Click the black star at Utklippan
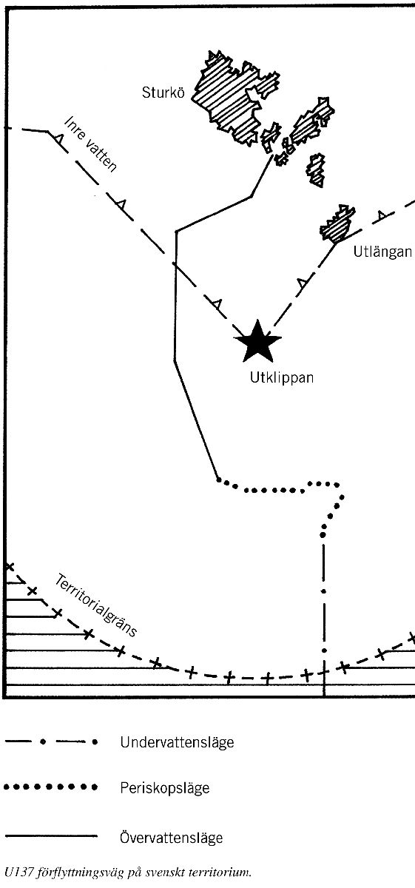click(x=257, y=342)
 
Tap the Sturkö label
click(x=163, y=92)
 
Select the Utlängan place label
click(x=382, y=252)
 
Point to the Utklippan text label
click(x=281, y=377)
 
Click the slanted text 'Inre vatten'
click(x=91, y=144)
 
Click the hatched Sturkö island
click(x=235, y=98)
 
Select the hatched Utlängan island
click(x=337, y=223)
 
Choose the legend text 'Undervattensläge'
click(x=177, y=742)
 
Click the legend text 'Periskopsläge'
click(x=164, y=787)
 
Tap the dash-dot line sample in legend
click(x=51, y=741)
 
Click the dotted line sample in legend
click(x=50, y=787)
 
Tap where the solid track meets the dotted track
click(x=218, y=480)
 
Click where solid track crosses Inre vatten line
click(x=175, y=263)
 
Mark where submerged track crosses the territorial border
click(x=324, y=673)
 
